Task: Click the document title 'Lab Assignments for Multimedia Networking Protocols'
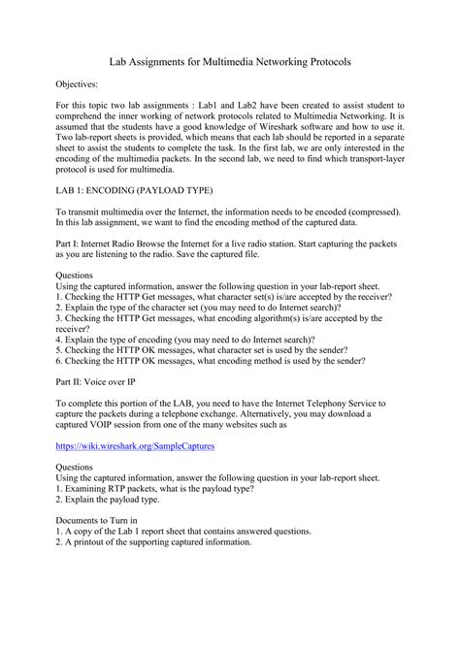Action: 230,61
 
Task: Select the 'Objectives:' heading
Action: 78,85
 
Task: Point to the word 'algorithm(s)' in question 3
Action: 267,316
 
